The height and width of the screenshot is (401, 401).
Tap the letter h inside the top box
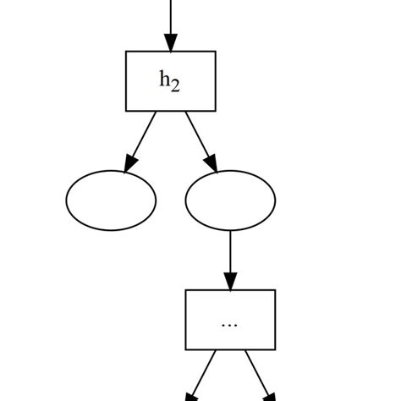pos(165,80)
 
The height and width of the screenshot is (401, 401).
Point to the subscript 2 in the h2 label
pos(175,86)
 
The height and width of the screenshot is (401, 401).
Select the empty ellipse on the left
pos(111,200)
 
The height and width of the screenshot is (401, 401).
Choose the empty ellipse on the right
pos(230,200)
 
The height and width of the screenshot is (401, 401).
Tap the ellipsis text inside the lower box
pos(229,324)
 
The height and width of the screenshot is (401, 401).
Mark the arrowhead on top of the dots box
pos(230,281)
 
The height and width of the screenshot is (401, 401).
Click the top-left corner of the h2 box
pos(127,52)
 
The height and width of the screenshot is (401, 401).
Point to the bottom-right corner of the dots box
pos(275,349)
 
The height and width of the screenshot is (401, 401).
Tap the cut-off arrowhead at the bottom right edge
pos(269,396)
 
